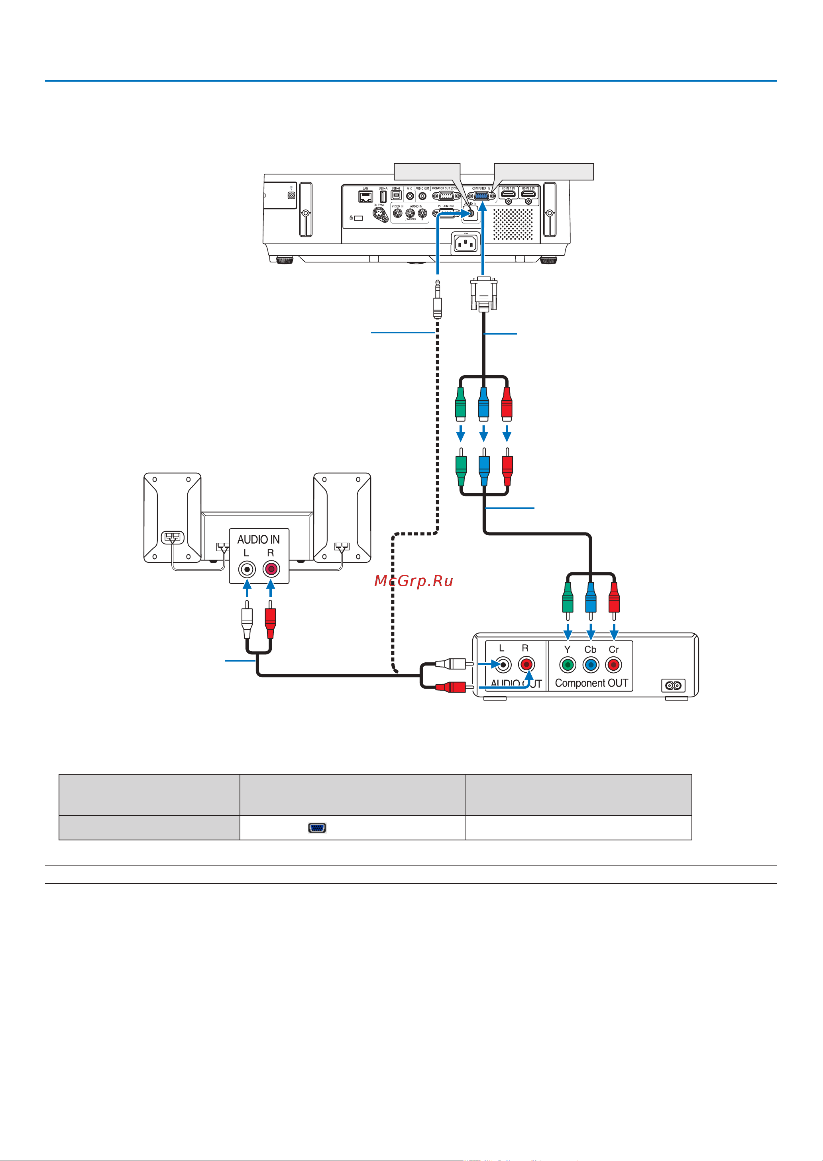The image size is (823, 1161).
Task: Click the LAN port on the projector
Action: [365, 196]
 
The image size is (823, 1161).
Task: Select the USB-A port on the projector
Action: [383, 196]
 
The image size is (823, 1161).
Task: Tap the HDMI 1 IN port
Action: [508, 194]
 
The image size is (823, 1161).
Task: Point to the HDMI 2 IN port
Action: [528, 194]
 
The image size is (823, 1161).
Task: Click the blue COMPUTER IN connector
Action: [482, 196]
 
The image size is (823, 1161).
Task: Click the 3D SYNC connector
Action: [379, 213]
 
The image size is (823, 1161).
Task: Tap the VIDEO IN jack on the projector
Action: [398, 213]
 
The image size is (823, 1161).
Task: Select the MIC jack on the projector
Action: [410, 196]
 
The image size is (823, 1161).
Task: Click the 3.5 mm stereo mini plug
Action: [437, 301]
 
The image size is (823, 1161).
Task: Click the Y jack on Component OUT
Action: [568, 665]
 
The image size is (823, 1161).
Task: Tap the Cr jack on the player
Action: [614, 665]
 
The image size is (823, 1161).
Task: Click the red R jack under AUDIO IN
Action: [271, 570]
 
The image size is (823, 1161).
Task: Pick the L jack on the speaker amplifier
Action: [247, 570]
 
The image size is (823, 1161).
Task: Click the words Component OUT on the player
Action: [591, 683]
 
